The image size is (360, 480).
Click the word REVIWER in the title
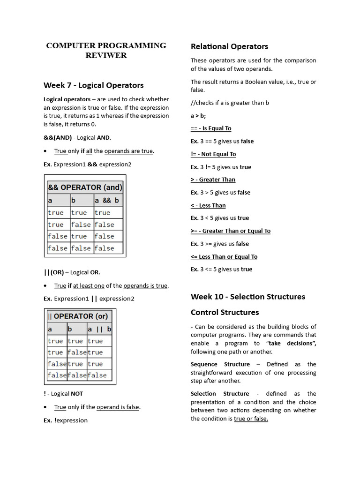[105, 55]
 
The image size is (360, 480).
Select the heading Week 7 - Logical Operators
[93, 85]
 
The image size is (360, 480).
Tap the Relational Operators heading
[229, 46]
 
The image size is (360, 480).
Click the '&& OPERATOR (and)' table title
[85, 187]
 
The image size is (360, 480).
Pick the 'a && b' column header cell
[107, 200]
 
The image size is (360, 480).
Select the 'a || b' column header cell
[99, 329]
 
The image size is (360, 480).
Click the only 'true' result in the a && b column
[103, 212]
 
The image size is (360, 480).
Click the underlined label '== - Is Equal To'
[211, 128]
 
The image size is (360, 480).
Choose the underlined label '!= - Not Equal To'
[213, 154]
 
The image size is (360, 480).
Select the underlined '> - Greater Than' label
[213, 180]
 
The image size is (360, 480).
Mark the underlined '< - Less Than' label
[208, 205]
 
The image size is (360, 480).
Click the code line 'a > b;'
[198, 115]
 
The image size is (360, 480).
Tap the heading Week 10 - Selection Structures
[247, 297]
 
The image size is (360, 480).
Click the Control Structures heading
[225, 312]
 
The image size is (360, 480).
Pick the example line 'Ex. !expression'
[66, 420]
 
